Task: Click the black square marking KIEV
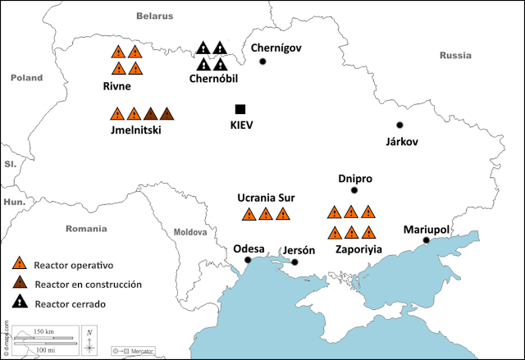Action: coord(240,109)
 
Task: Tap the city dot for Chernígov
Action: coord(263,62)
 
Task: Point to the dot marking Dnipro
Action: coord(354,190)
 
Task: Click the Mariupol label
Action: coord(426,230)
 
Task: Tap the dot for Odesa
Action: coord(248,260)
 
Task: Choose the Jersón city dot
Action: coord(294,262)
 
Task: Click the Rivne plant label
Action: coord(118,85)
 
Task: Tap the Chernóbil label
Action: coord(213,79)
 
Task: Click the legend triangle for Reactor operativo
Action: coord(19,265)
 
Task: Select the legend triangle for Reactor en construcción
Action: coord(19,285)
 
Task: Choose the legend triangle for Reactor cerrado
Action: coord(19,304)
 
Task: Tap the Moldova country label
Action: coord(191,232)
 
